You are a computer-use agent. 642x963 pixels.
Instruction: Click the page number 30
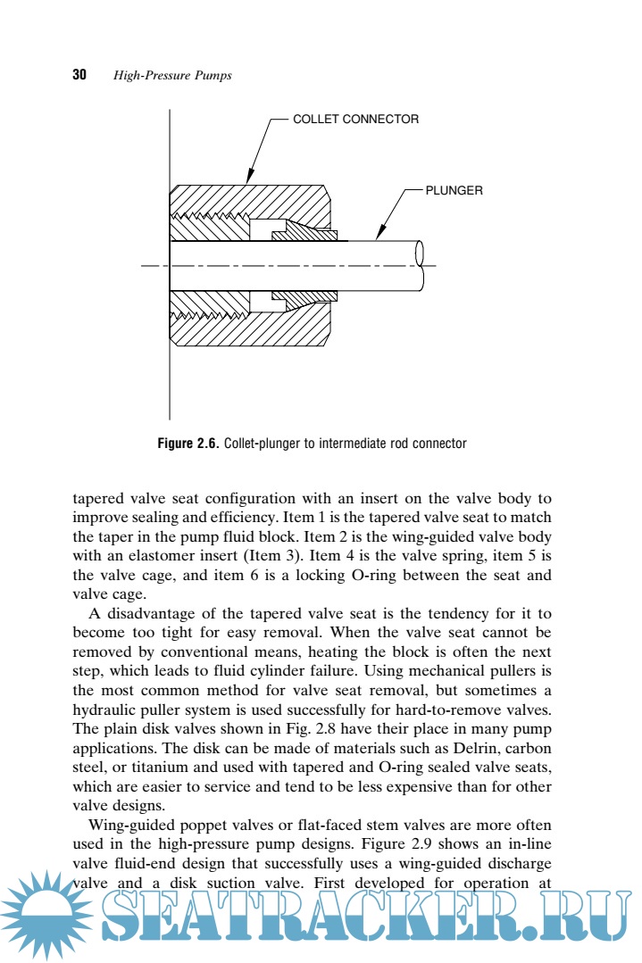79,75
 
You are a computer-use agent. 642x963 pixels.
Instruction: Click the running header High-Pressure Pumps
172,76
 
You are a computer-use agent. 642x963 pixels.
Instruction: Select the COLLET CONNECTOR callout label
355,119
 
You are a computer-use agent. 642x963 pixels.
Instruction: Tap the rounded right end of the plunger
420,266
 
